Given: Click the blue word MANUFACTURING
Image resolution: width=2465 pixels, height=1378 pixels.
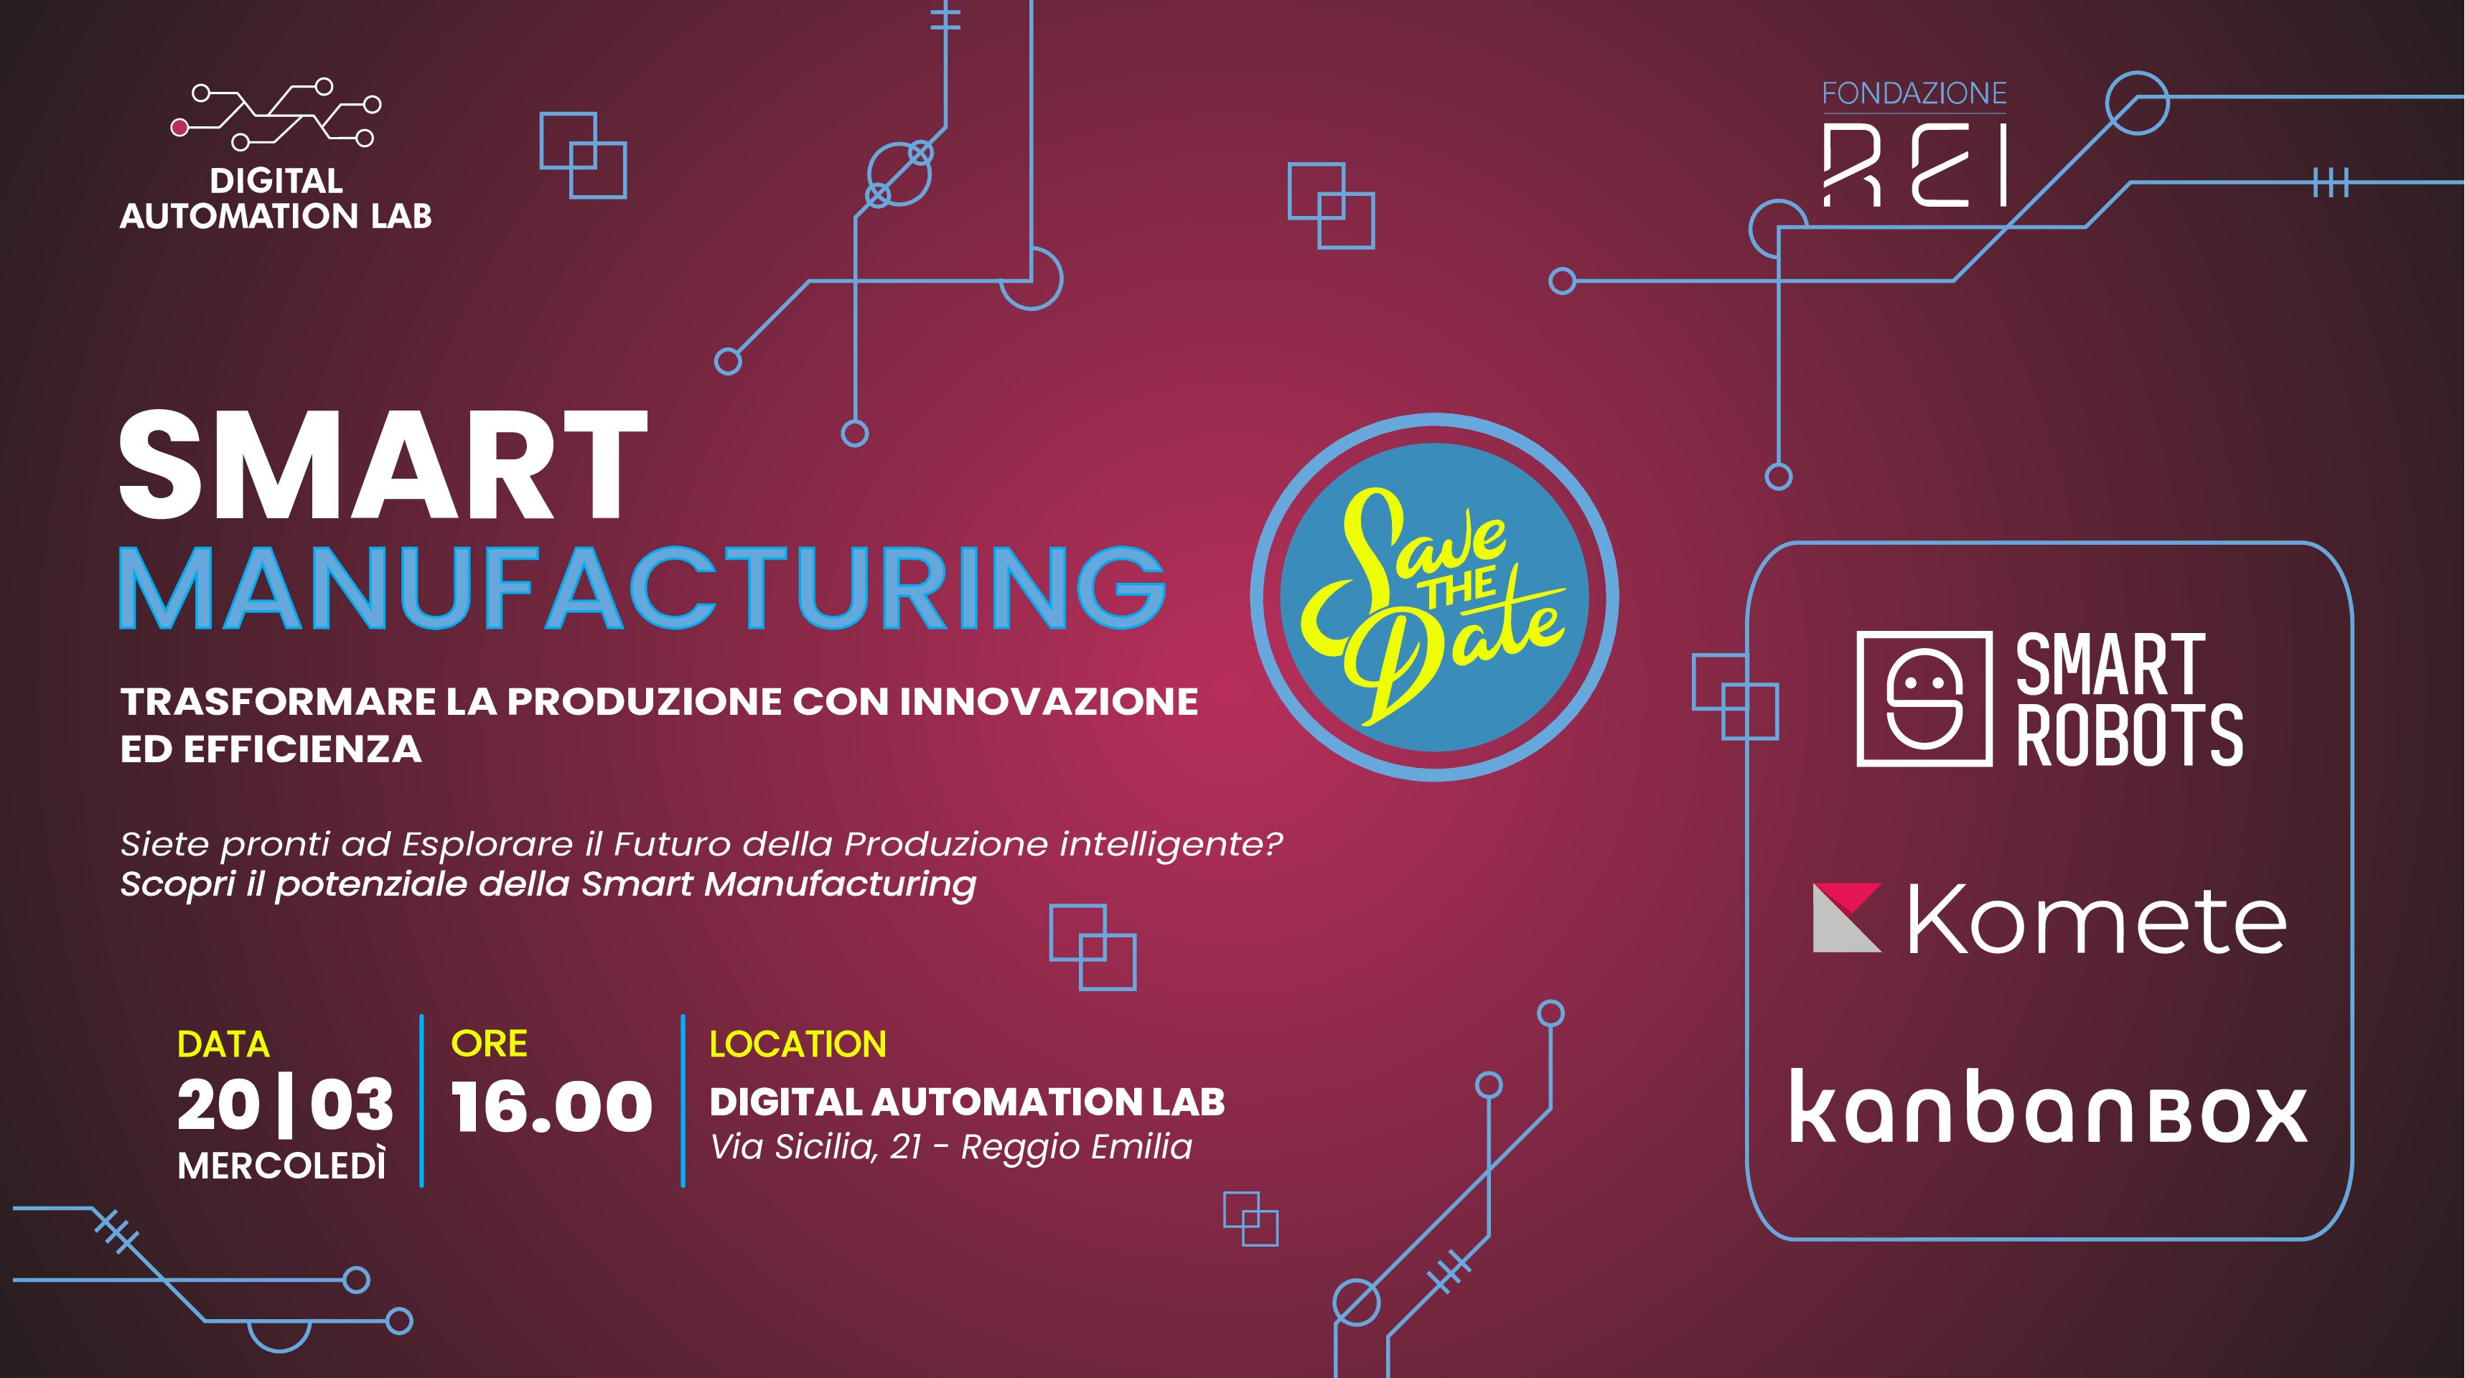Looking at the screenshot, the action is coord(642,588).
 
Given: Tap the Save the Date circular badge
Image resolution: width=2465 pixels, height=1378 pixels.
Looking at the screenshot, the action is coord(1433,596).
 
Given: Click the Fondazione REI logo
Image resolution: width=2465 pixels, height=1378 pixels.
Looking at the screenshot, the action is coord(1914,144).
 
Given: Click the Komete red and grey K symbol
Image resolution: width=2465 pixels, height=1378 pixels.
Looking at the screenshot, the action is coord(1847,918).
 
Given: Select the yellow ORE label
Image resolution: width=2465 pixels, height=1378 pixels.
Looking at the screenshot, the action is coord(489,1043).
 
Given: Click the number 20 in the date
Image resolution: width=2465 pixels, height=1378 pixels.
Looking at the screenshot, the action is coord(219,1105).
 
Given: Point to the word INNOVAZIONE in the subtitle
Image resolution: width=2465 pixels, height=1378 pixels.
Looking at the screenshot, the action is coord(1049,701).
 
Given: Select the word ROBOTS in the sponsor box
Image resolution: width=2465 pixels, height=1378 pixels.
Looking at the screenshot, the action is coord(2129,735).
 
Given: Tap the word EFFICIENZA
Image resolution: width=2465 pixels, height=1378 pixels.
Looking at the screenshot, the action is coord(302,749).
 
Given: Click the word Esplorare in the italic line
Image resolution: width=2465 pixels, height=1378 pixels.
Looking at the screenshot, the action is coord(497,845).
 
